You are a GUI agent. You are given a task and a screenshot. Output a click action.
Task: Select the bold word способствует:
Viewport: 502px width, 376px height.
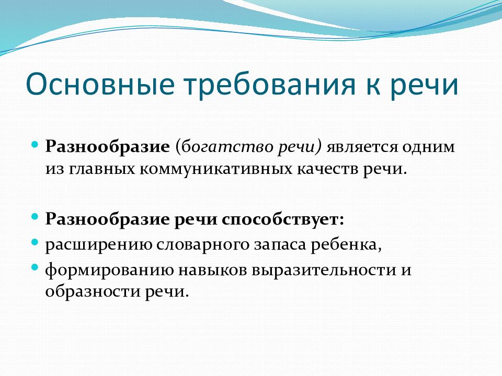[x=282, y=219]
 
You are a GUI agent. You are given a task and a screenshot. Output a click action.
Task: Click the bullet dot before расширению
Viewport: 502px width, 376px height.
[x=35, y=242]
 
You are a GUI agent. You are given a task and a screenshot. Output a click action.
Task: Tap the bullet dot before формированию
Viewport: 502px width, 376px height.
[x=35, y=267]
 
